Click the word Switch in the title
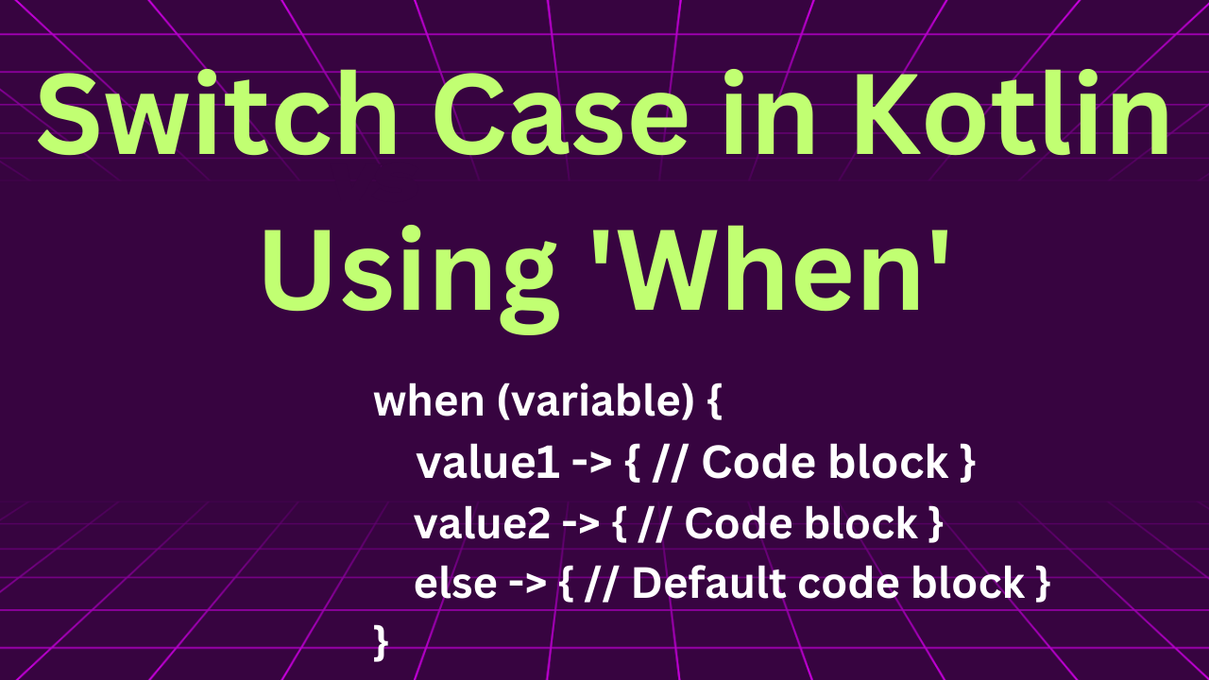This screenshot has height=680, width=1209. pos(217,114)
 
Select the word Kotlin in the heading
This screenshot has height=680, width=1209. pos(1012,113)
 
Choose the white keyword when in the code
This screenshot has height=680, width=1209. pos(429,401)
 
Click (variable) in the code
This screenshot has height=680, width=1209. pos(595,402)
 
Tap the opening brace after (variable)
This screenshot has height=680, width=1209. pos(714,402)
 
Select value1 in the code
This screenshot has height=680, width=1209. pos(487,463)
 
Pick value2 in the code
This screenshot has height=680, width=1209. pos(482,523)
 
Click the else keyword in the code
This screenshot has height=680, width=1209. pos(455,583)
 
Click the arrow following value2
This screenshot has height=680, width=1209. pos(581,524)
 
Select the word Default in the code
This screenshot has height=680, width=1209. pos(708,583)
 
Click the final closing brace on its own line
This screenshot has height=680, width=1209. pos(381,643)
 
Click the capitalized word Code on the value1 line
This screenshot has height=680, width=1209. pos(758,463)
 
